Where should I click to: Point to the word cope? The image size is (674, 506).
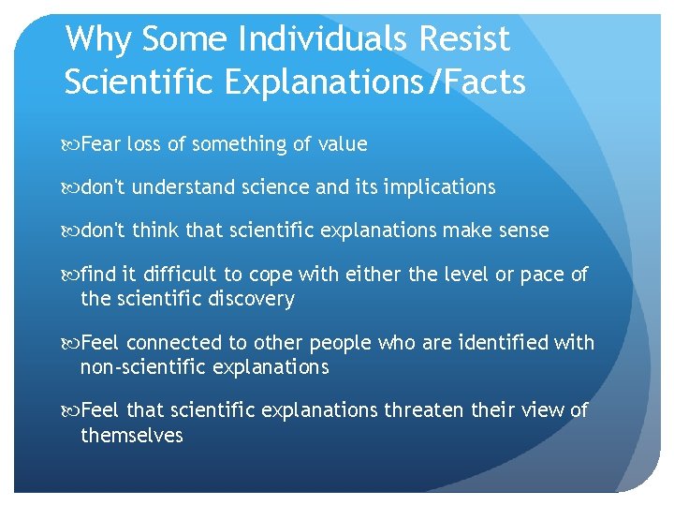[x=271, y=274]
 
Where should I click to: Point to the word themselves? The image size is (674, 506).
[x=132, y=436]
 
